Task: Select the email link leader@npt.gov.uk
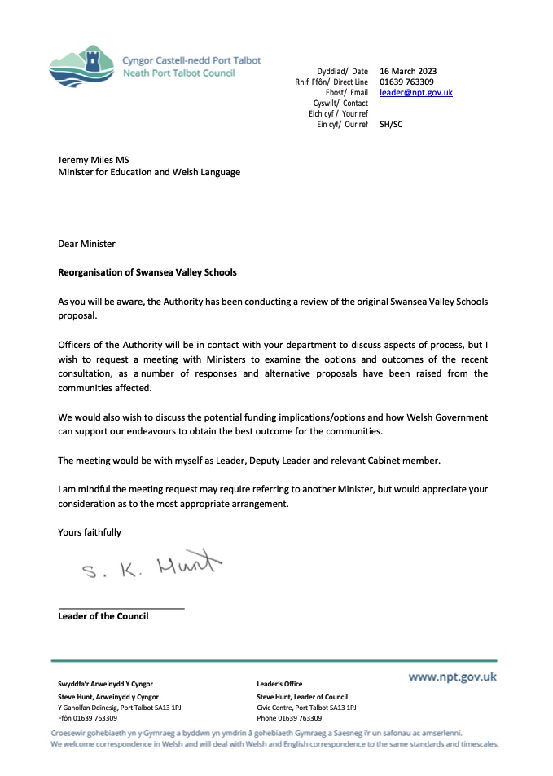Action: [415, 93]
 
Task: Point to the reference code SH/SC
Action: [391, 125]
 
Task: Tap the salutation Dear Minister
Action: [87, 244]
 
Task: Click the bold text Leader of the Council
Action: [103, 616]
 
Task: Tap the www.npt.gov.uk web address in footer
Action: [452, 677]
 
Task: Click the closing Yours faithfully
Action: [90, 532]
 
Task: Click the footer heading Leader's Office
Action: [279, 684]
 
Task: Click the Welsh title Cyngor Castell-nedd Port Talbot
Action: [191, 60]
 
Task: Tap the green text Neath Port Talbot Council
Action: [178, 73]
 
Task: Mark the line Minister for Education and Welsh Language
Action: [149, 173]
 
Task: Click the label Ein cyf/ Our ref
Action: [342, 125]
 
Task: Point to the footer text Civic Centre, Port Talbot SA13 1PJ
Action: [306, 708]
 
